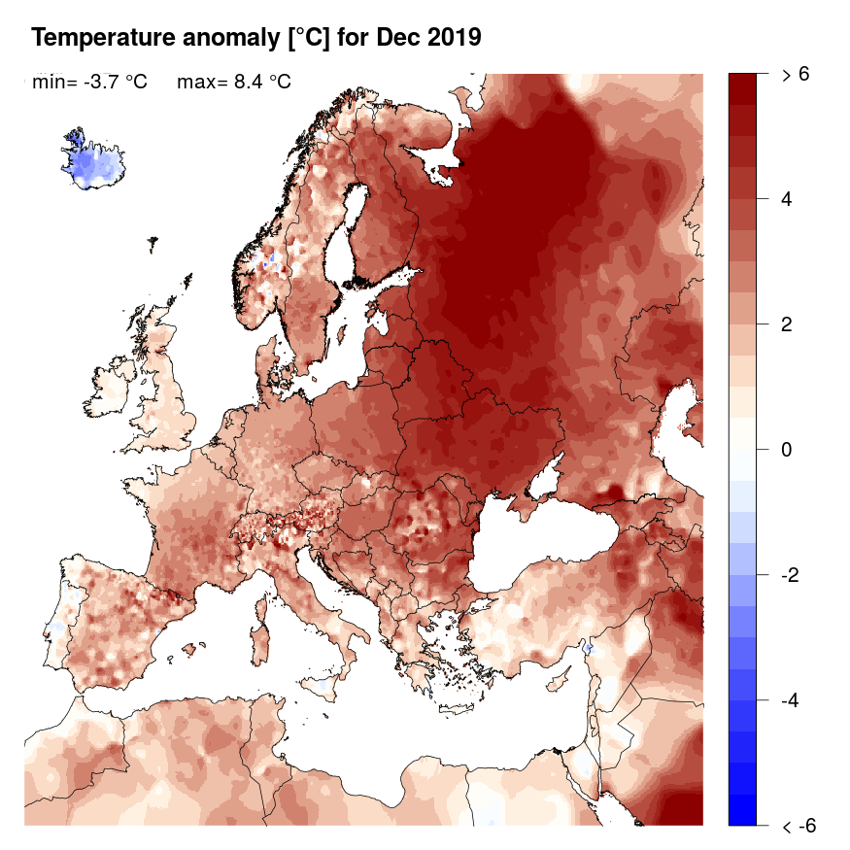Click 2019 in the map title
coord(449,39)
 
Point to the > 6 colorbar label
coord(796,74)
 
